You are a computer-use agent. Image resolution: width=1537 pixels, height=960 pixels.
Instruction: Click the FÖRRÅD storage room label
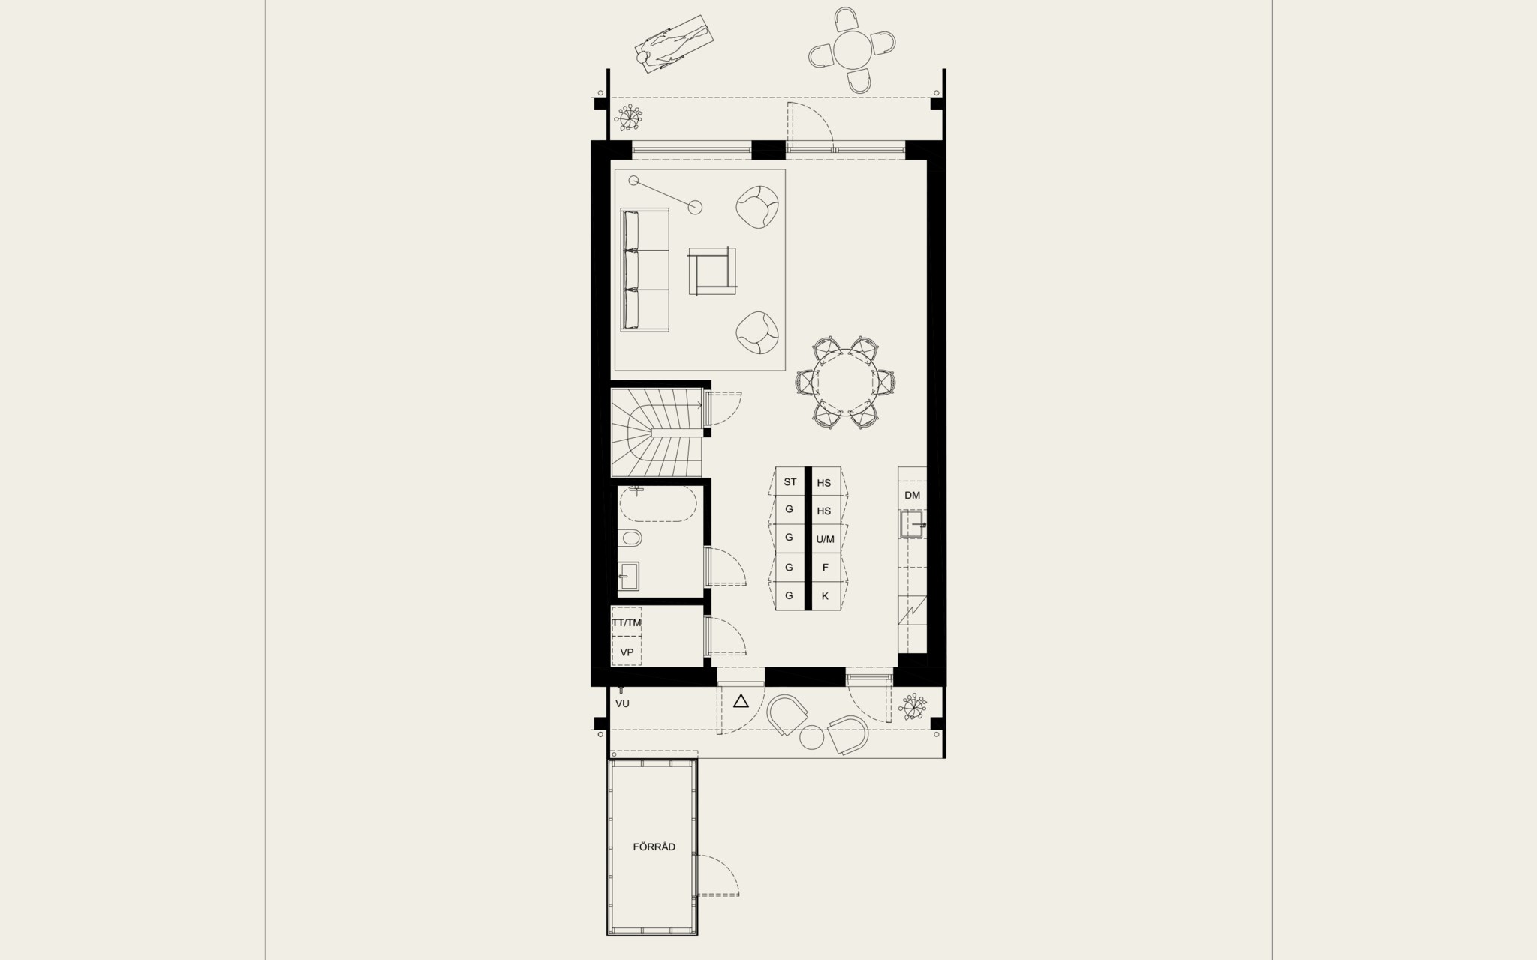pyautogui.click(x=654, y=847)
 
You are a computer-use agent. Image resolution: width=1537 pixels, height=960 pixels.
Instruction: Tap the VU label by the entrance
pyautogui.click(x=622, y=703)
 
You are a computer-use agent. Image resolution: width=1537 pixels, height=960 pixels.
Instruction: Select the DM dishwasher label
pyautogui.click(x=912, y=495)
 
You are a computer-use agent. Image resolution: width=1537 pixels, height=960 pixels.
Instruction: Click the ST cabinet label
pyautogui.click(x=790, y=481)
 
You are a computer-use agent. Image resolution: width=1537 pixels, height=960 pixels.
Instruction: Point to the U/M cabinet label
pyautogui.click(x=825, y=539)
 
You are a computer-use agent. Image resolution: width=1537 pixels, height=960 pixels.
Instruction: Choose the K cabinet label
pyautogui.click(x=825, y=596)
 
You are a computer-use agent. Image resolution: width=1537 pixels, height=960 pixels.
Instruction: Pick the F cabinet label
pyautogui.click(x=825, y=568)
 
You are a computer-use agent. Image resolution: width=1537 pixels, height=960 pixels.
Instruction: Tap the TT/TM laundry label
pyautogui.click(x=627, y=622)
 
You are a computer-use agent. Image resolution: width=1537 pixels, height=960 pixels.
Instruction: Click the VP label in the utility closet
pyautogui.click(x=627, y=652)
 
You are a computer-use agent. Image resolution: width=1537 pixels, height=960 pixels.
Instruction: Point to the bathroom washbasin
pyautogui.click(x=628, y=577)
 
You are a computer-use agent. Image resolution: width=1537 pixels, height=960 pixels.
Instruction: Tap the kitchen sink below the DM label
pyautogui.click(x=913, y=524)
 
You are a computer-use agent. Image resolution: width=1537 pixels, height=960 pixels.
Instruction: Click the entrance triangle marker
pyautogui.click(x=741, y=702)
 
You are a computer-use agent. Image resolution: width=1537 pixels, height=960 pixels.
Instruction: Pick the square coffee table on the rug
pyautogui.click(x=711, y=271)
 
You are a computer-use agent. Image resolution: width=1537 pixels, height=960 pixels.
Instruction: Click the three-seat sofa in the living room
pyautogui.click(x=645, y=270)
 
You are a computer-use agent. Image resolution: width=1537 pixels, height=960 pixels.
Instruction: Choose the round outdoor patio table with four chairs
pyautogui.click(x=853, y=49)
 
